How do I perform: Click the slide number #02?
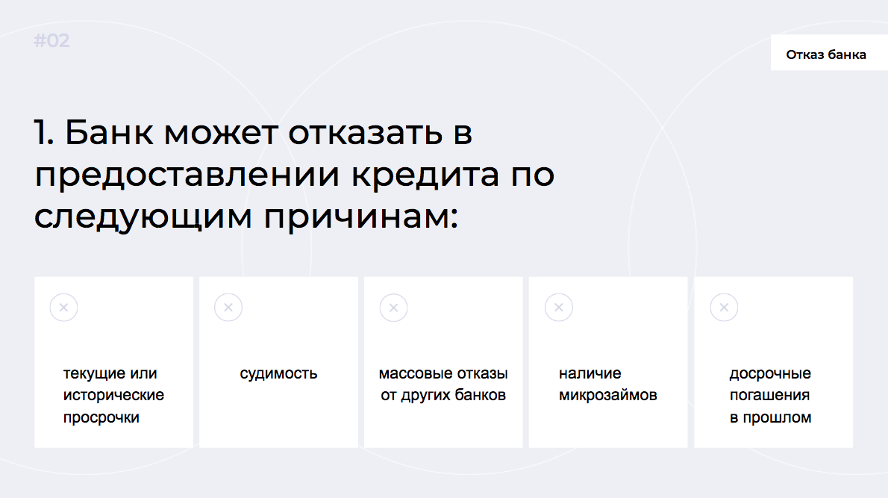[51, 41]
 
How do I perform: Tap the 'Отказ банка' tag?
[826, 55]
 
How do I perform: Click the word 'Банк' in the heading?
[109, 133]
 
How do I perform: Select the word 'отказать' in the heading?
[366, 133]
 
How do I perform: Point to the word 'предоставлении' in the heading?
[187, 175]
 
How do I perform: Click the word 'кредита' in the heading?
[425, 175]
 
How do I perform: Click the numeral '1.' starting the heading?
[44, 133]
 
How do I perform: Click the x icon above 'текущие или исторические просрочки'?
[63, 308]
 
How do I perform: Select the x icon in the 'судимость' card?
[228, 308]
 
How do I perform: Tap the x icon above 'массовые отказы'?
[393, 308]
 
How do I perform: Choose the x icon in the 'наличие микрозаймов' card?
[559, 308]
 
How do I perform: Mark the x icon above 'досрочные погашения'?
[725, 308]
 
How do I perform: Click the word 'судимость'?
[278, 374]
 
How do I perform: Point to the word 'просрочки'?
[101, 418]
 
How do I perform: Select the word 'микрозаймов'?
[608, 396]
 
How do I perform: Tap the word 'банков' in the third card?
[480, 395]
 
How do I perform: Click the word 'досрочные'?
[770, 374]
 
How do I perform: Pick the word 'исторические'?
[114, 396]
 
